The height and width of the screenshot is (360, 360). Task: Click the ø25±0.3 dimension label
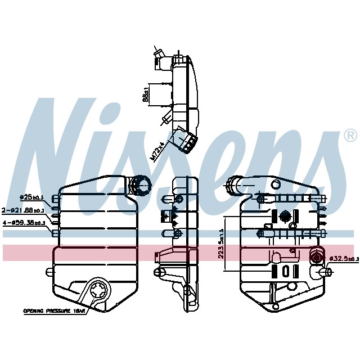[x=32, y=197]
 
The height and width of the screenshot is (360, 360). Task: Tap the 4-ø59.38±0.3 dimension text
[x=24, y=223]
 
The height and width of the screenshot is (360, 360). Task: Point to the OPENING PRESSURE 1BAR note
[x=55, y=310]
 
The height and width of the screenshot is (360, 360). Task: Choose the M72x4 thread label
[x=159, y=151]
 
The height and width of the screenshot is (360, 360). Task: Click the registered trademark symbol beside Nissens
[x=349, y=136]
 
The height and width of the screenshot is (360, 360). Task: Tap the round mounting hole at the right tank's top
[x=276, y=184]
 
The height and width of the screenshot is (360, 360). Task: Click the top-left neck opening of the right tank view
[x=232, y=184]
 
